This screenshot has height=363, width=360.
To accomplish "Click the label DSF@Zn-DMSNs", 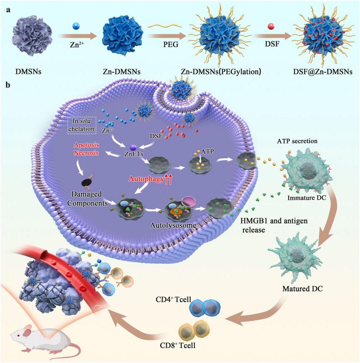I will (323, 72).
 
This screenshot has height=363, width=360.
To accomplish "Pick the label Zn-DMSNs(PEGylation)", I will (221, 71).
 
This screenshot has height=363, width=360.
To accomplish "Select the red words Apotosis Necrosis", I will (86, 149).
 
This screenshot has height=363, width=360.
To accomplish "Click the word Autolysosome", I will (173, 225).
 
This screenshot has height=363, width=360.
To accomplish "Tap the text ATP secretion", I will (297, 141).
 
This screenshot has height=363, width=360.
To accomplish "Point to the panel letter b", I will (8, 85).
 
